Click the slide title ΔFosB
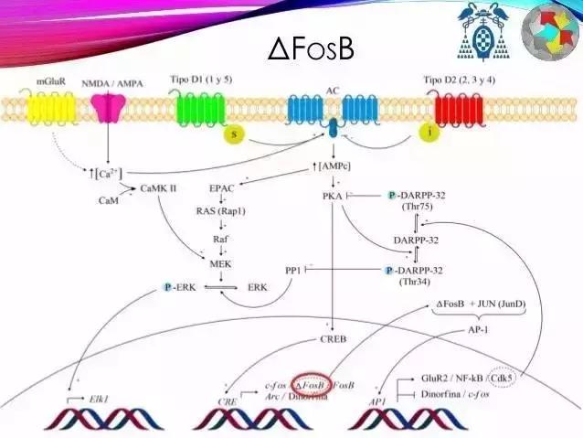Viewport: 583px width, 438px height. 311,48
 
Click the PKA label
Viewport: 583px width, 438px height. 333,196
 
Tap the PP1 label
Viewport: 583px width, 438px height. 292,271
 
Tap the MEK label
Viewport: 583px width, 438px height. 220,263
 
